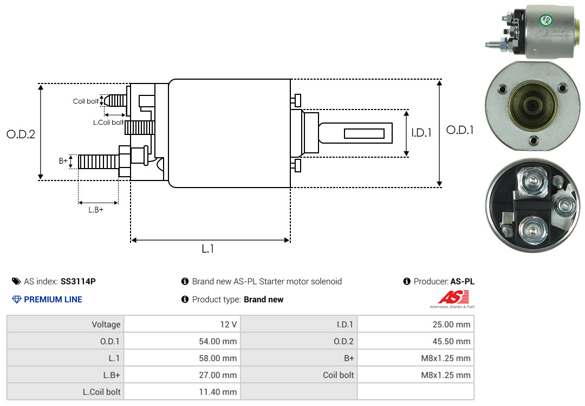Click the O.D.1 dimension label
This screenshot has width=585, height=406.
[x=460, y=130]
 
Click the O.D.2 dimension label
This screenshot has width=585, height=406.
[x=21, y=134]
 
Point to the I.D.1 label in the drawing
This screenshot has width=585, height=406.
[x=421, y=133]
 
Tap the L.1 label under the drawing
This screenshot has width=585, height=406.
[x=208, y=249]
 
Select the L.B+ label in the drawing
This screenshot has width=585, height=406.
[x=96, y=210]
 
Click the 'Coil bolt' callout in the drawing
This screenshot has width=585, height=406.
[x=86, y=101]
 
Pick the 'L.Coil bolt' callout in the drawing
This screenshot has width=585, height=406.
[x=108, y=122]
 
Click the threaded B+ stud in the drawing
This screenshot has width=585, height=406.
[x=99, y=162]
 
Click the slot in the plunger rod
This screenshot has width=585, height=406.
[x=364, y=133]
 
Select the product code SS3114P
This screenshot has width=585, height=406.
[x=78, y=281]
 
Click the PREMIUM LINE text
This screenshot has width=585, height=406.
[x=53, y=300]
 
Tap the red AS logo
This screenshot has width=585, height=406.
[x=453, y=298]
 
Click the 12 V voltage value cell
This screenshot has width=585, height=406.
[x=182, y=324]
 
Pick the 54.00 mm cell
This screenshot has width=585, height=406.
[x=182, y=341]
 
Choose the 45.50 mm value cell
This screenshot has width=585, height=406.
[x=415, y=341]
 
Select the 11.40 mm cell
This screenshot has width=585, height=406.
[x=182, y=392]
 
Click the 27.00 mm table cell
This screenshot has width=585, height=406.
[x=182, y=375]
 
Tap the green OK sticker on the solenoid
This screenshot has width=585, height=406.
[x=545, y=20]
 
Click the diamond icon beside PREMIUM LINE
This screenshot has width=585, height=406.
[x=17, y=300]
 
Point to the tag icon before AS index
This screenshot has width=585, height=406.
[x=16, y=281]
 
